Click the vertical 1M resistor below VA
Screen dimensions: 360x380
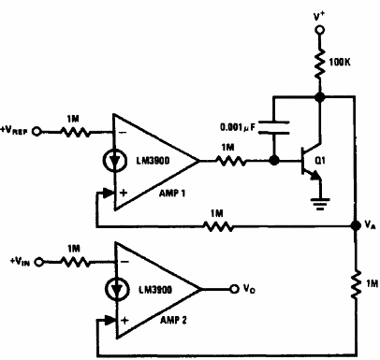pyautogui.click(x=356, y=282)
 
